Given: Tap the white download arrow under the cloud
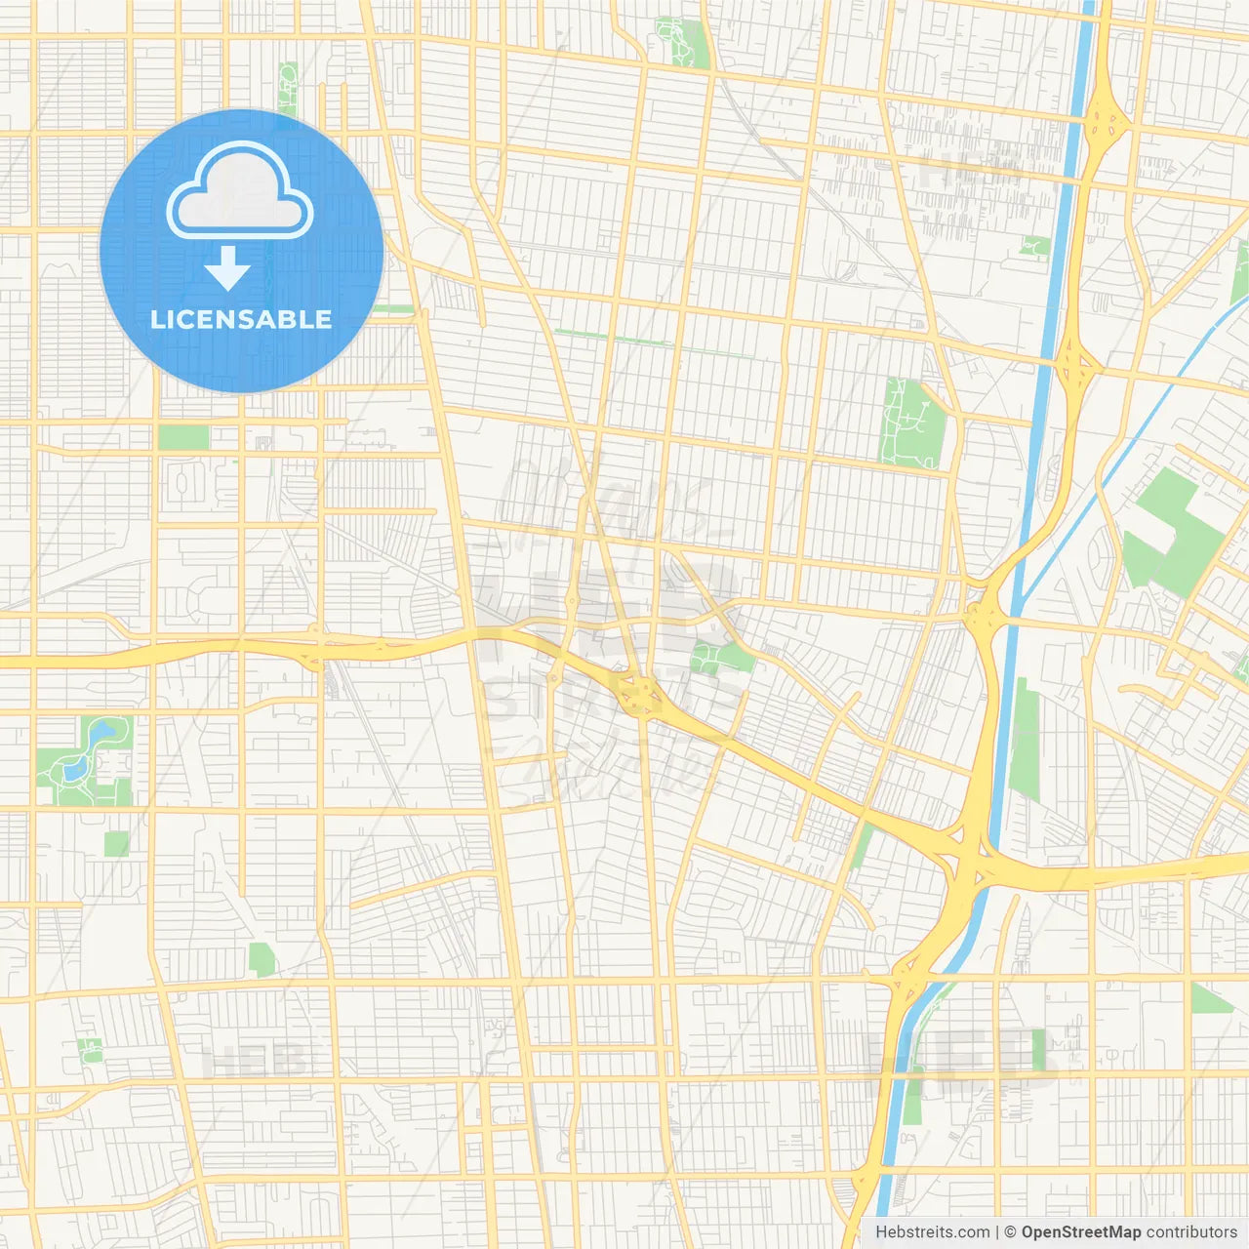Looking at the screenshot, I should point(227,268).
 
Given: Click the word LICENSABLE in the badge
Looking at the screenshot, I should point(241,319).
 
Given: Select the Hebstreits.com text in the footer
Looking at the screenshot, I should point(932,1232).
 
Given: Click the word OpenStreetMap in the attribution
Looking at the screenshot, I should point(1081,1232).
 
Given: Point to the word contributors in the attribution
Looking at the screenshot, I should point(1191,1232).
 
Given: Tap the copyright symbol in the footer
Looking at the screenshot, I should point(1010,1232).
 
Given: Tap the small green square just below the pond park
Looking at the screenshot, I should point(117,844).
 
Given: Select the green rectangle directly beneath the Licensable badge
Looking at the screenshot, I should point(183,437).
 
